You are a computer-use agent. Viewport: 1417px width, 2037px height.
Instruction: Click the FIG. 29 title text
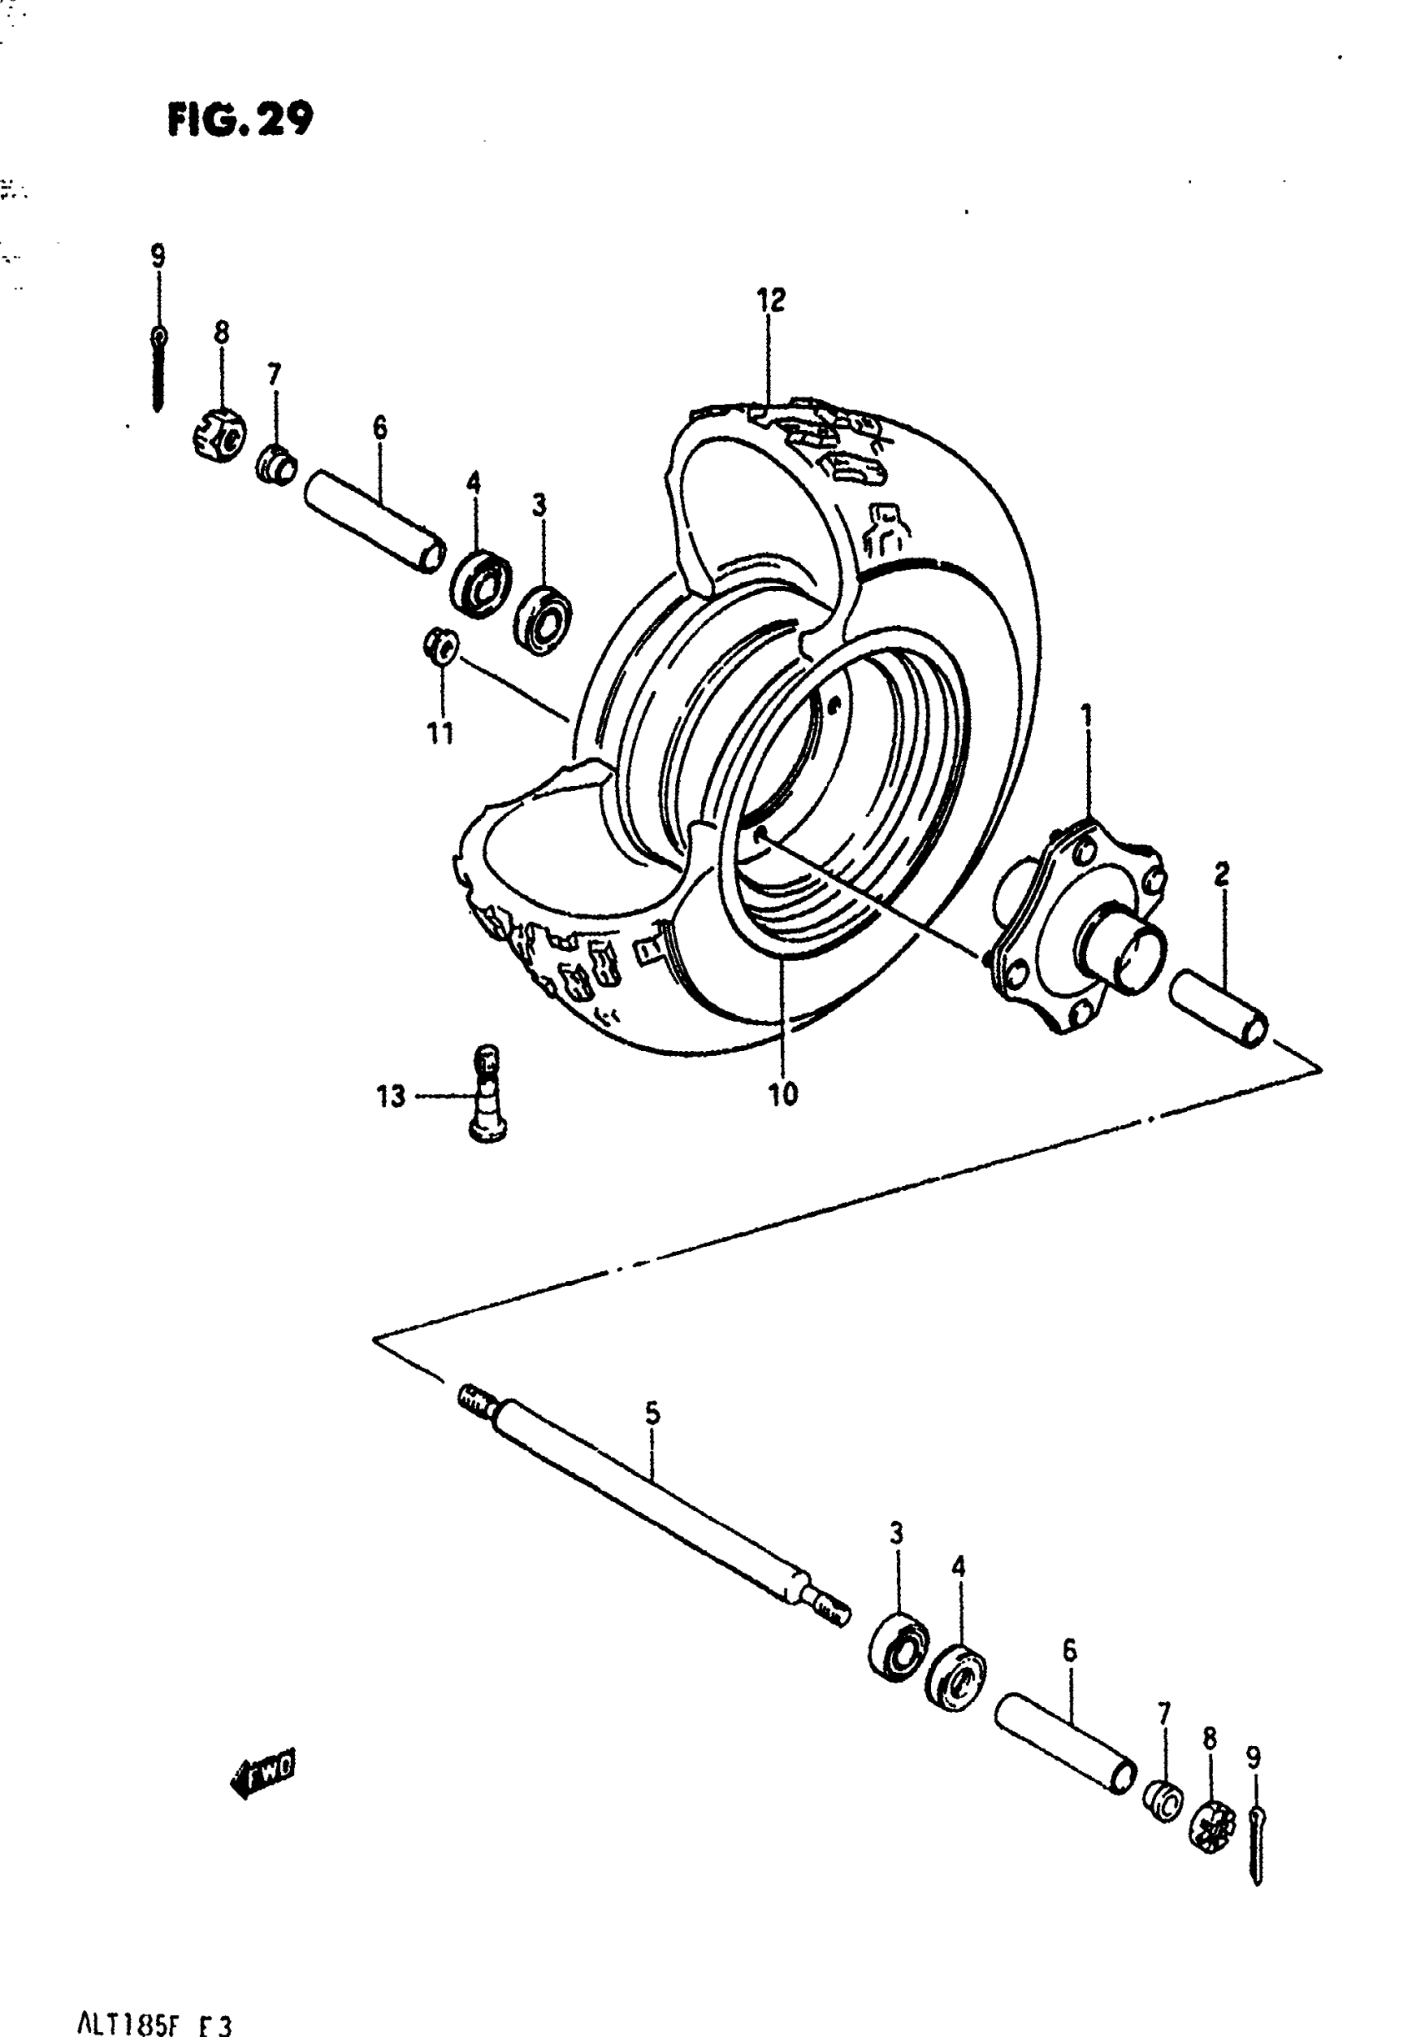(x=239, y=120)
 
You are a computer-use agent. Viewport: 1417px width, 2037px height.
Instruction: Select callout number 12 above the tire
(x=770, y=300)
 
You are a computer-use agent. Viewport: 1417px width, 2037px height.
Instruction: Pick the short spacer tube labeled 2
(x=1219, y=1008)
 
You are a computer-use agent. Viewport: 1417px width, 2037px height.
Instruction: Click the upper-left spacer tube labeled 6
(x=374, y=523)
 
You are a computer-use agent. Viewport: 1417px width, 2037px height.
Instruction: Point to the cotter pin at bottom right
(x=1256, y=1845)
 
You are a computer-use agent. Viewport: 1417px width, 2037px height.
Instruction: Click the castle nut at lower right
(x=1212, y=1825)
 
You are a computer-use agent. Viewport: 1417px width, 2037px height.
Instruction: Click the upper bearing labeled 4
(x=479, y=583)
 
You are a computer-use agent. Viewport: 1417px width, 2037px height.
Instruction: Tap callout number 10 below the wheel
(x=783, y=1095)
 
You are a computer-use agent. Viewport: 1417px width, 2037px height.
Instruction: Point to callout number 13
(x=390, y=1097)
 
